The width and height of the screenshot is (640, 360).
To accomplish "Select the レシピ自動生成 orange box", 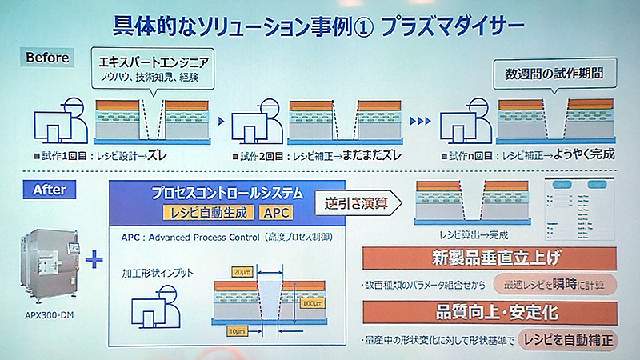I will pos(210,213).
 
